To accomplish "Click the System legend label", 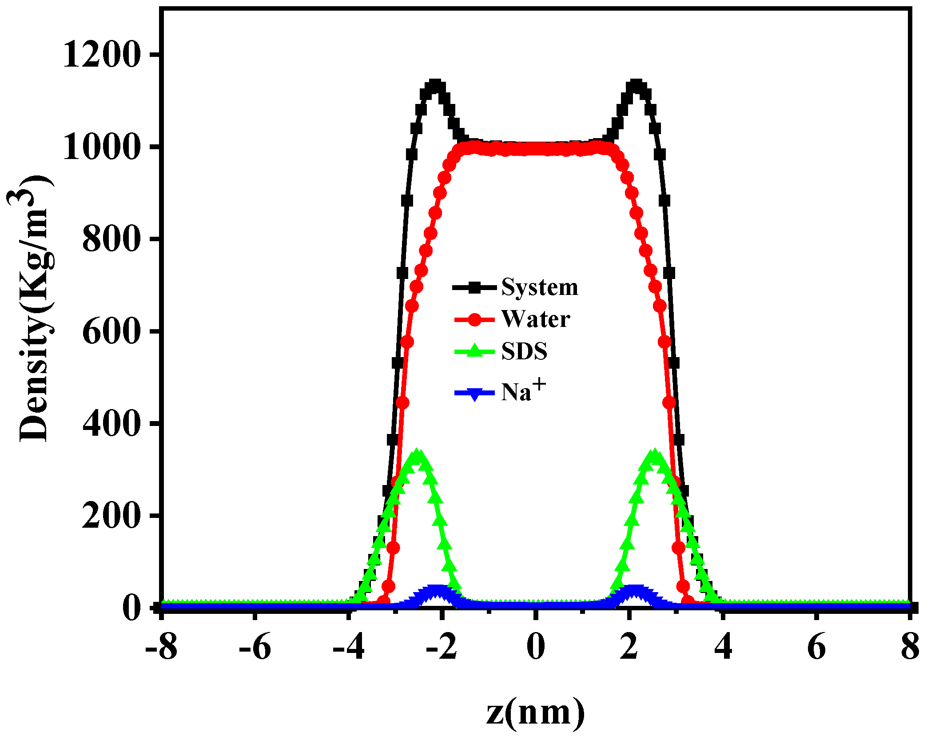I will tap(540, 287).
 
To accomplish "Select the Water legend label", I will tap(535, 319).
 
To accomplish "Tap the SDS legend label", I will tap(524, 352).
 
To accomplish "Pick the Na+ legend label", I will tap(523, 391).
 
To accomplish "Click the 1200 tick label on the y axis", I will tap(102, 56).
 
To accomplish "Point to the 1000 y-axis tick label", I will tap(102, 147).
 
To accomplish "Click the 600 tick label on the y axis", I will tap(111, 332).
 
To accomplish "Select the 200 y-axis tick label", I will tap(111, 516).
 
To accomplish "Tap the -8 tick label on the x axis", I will tap(161, 647).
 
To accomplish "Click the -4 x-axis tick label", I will tap(349, 647).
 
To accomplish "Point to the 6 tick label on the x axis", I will tap(816, 647).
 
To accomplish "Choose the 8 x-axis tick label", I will tap(910, 647).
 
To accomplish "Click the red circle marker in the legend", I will tap(474, 320).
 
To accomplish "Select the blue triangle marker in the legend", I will tap(474, 394).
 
